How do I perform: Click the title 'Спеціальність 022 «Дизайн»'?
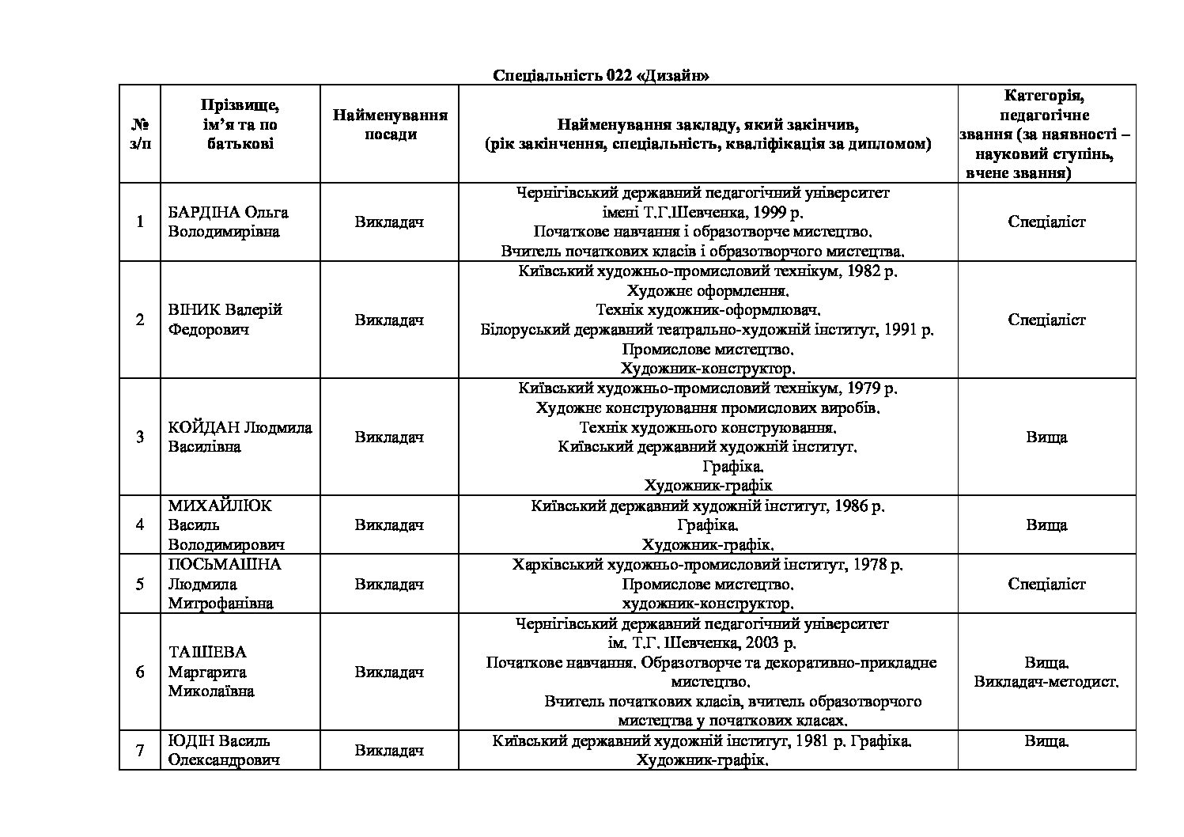coord(600,76)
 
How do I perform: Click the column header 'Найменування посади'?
coord(390,125)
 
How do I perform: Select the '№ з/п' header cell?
coord(140,134)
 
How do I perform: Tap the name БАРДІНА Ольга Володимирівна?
coord(228,222)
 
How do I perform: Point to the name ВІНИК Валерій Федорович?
coord(225,320)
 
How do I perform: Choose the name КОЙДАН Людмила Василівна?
coord(240,437)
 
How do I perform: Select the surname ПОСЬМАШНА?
coord(225,565)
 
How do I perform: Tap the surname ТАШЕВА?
coord(207,653)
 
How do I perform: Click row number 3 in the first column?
coord(140,437)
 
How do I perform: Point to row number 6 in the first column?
coord(140,672)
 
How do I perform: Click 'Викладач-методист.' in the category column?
coord(1046,682)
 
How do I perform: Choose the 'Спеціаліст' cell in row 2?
coord(1046,320)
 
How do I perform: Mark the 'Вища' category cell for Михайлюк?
coord(1046,525)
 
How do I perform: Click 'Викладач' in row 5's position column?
coord(389,585)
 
